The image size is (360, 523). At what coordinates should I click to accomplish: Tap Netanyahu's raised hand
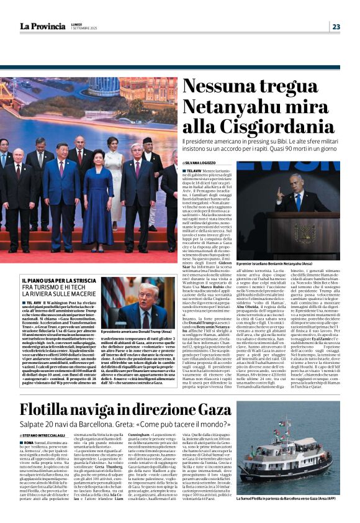pyautogui.click(x=281, y=189)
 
